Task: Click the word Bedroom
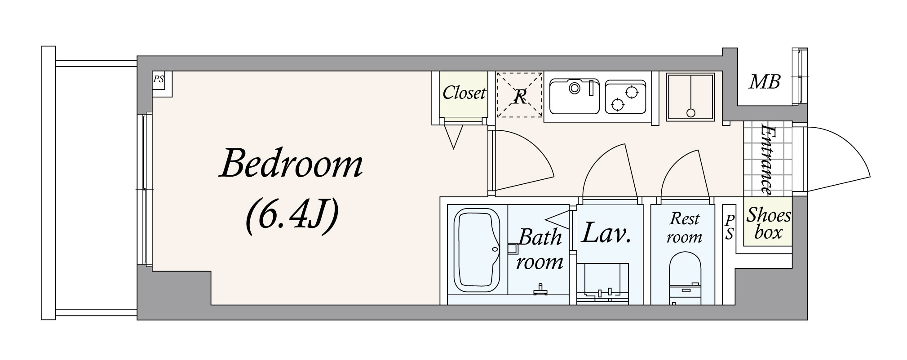click(291, 165)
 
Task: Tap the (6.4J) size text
click(291, 218)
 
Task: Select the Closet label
click(464, 93)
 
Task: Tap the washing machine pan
click(690, 97)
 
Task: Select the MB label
click(765, 82)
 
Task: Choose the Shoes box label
click(768, 223)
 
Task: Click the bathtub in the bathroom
click(477, 251)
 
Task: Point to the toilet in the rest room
click(685, 279)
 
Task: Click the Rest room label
click(684, 228)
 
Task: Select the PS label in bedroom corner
click(159, 80)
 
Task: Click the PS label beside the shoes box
click(730, 227)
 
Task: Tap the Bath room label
click(540, 249)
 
